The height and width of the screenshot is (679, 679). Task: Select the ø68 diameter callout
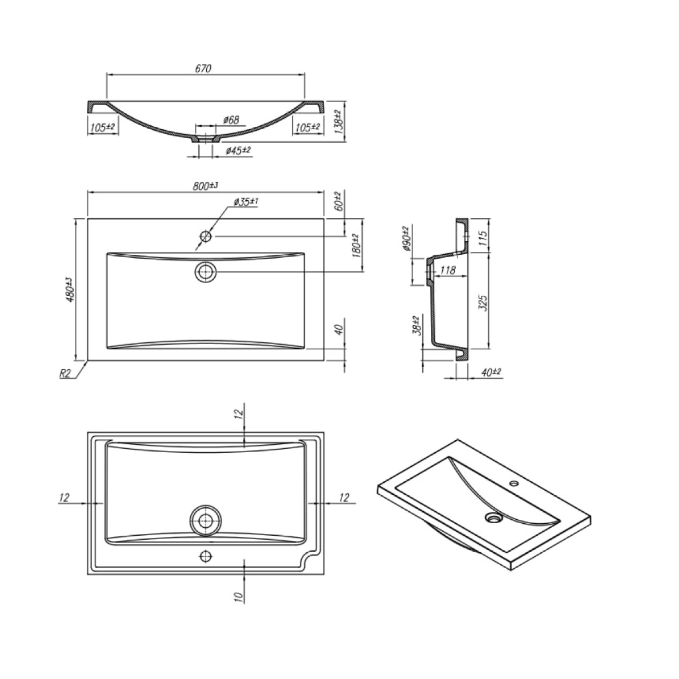231,120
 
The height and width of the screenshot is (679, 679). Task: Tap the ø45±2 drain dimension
238,150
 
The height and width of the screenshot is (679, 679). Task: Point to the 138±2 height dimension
337,122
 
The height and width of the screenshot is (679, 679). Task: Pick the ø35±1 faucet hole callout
246,202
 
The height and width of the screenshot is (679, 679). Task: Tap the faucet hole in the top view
206,236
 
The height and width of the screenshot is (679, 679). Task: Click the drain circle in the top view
206,272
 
